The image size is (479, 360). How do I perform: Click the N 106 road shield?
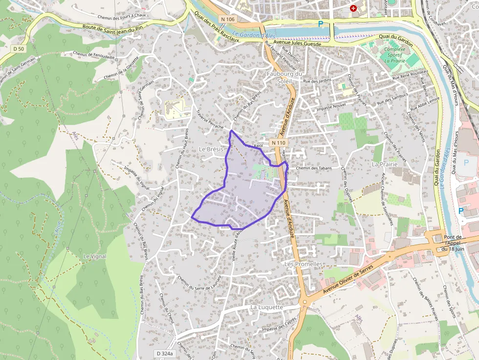(x=228, y=19)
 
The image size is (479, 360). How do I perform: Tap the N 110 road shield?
(x=278, y=143)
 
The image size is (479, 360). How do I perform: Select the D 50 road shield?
(x=19, y=48)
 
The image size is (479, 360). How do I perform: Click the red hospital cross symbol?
(x=353, y=8)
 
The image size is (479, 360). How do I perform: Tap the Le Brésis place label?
(x=211, y=148)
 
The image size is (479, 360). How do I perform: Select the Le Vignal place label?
(x=94, y=256)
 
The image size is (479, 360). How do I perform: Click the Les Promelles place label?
(x=304, y=264)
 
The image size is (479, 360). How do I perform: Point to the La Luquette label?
(x=267, y=307)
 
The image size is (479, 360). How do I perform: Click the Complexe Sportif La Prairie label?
(x=394, y=55)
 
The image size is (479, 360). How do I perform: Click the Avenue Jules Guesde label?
(x=292, y=43)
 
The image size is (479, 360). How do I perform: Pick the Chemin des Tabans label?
(x=314, y=169)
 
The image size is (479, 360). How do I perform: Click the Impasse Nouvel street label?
(x=331, y=108)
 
